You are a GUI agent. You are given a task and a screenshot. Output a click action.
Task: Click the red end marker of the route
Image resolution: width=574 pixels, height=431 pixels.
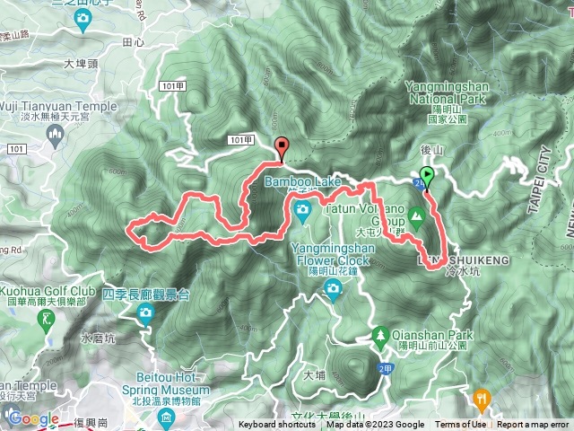283,148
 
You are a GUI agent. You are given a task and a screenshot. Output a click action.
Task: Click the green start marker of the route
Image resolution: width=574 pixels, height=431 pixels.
427,176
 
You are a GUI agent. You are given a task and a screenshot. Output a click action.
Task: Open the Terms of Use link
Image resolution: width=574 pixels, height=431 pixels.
461,425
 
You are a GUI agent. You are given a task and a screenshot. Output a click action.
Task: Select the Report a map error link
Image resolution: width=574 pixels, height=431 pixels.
534,425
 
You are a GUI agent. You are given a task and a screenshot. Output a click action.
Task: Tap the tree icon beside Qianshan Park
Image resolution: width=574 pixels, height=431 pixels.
380,336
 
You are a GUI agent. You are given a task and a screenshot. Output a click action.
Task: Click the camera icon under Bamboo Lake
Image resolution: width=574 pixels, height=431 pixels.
302,209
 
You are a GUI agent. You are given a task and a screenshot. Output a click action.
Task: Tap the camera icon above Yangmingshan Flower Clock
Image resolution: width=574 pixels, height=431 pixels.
333,288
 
